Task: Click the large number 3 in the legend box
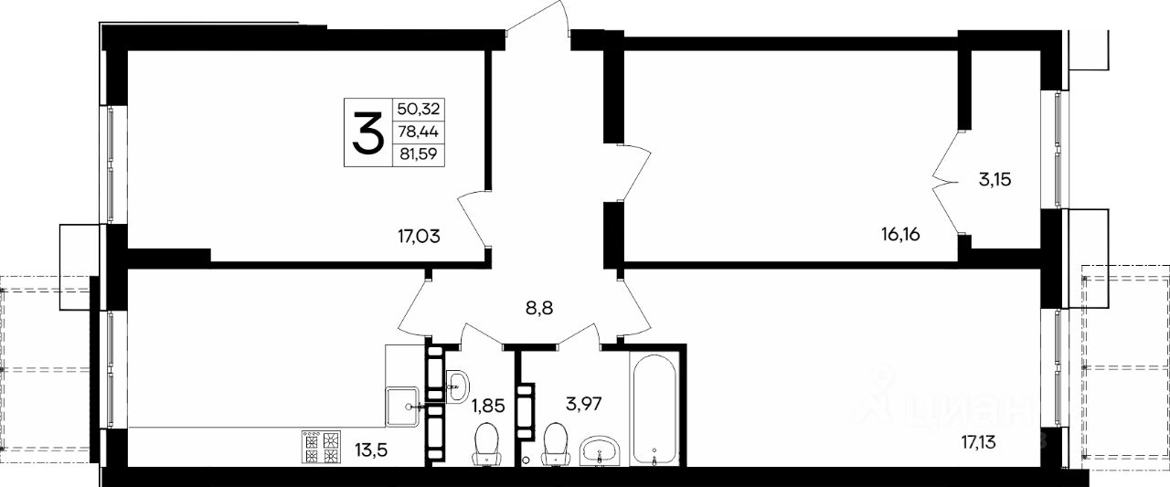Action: pos(367,133)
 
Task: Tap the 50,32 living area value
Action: pos(419,109)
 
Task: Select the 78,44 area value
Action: pos(419,132)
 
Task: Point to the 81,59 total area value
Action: pos(418,154)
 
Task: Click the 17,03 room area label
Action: pos(419,237)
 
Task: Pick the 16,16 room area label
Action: pos(900,235)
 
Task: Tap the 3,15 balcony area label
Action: pos(995,180)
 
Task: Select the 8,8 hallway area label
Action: pos(539,307)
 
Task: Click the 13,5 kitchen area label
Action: pos(371,449)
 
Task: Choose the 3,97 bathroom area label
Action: pos(584,403)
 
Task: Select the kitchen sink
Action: pos(401,407)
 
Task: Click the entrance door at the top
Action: pos(538,18)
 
